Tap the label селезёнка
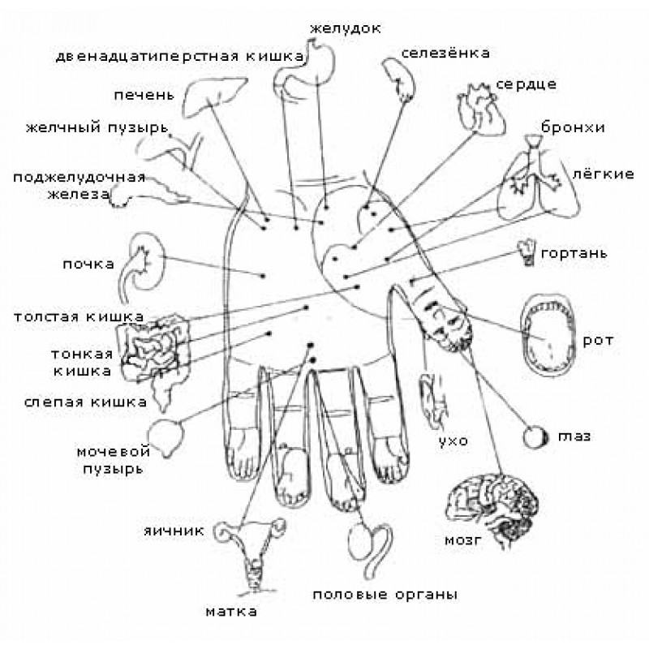[445, 54]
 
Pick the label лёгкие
[602, 174]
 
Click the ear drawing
[429, 398]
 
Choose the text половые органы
[385, 594]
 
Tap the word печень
[143, 96]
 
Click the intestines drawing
[154, 349]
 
